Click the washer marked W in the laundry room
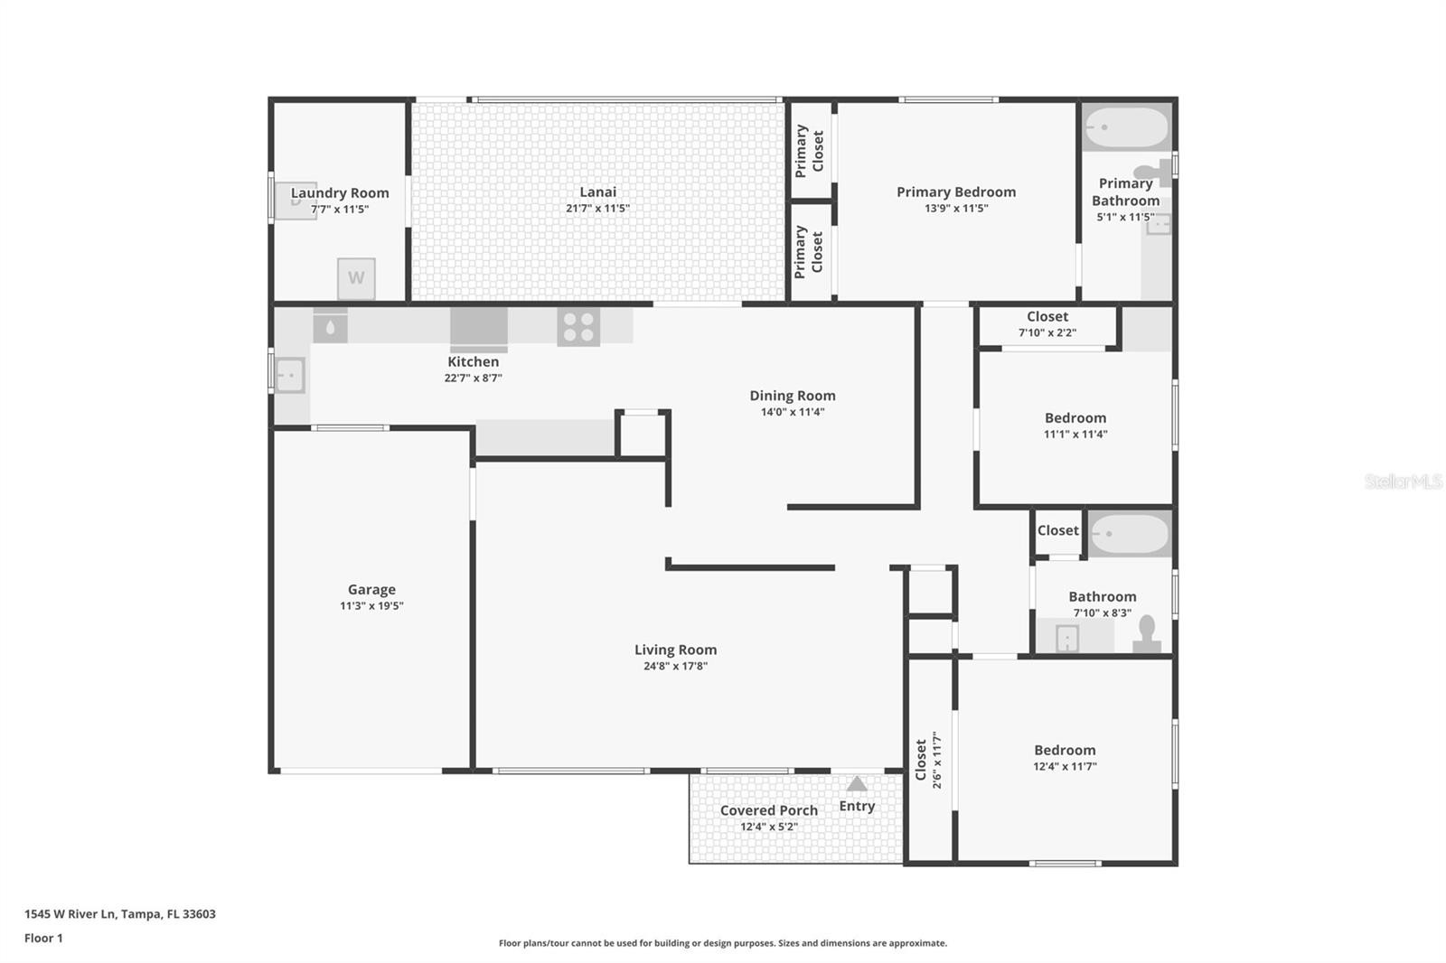(356, 278)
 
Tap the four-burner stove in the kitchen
(578, 327)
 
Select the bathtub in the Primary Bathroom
(1126, 128)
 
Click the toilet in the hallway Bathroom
(1147, 634)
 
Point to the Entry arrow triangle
(857, 783)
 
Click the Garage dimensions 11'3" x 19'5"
(371, 606)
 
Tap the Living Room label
(675, 650)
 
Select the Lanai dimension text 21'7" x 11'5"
(597, 209)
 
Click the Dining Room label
(793, 396)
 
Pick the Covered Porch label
(769, 810)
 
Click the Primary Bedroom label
(956, 192)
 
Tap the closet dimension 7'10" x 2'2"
(1047, 332)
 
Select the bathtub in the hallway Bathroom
(1129, 534)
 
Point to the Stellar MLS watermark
(1404, 481)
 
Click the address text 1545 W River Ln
(70, 914)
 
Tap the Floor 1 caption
(43, 939)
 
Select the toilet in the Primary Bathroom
(1154, 172)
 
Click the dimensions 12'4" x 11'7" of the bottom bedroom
(1065, 767)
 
